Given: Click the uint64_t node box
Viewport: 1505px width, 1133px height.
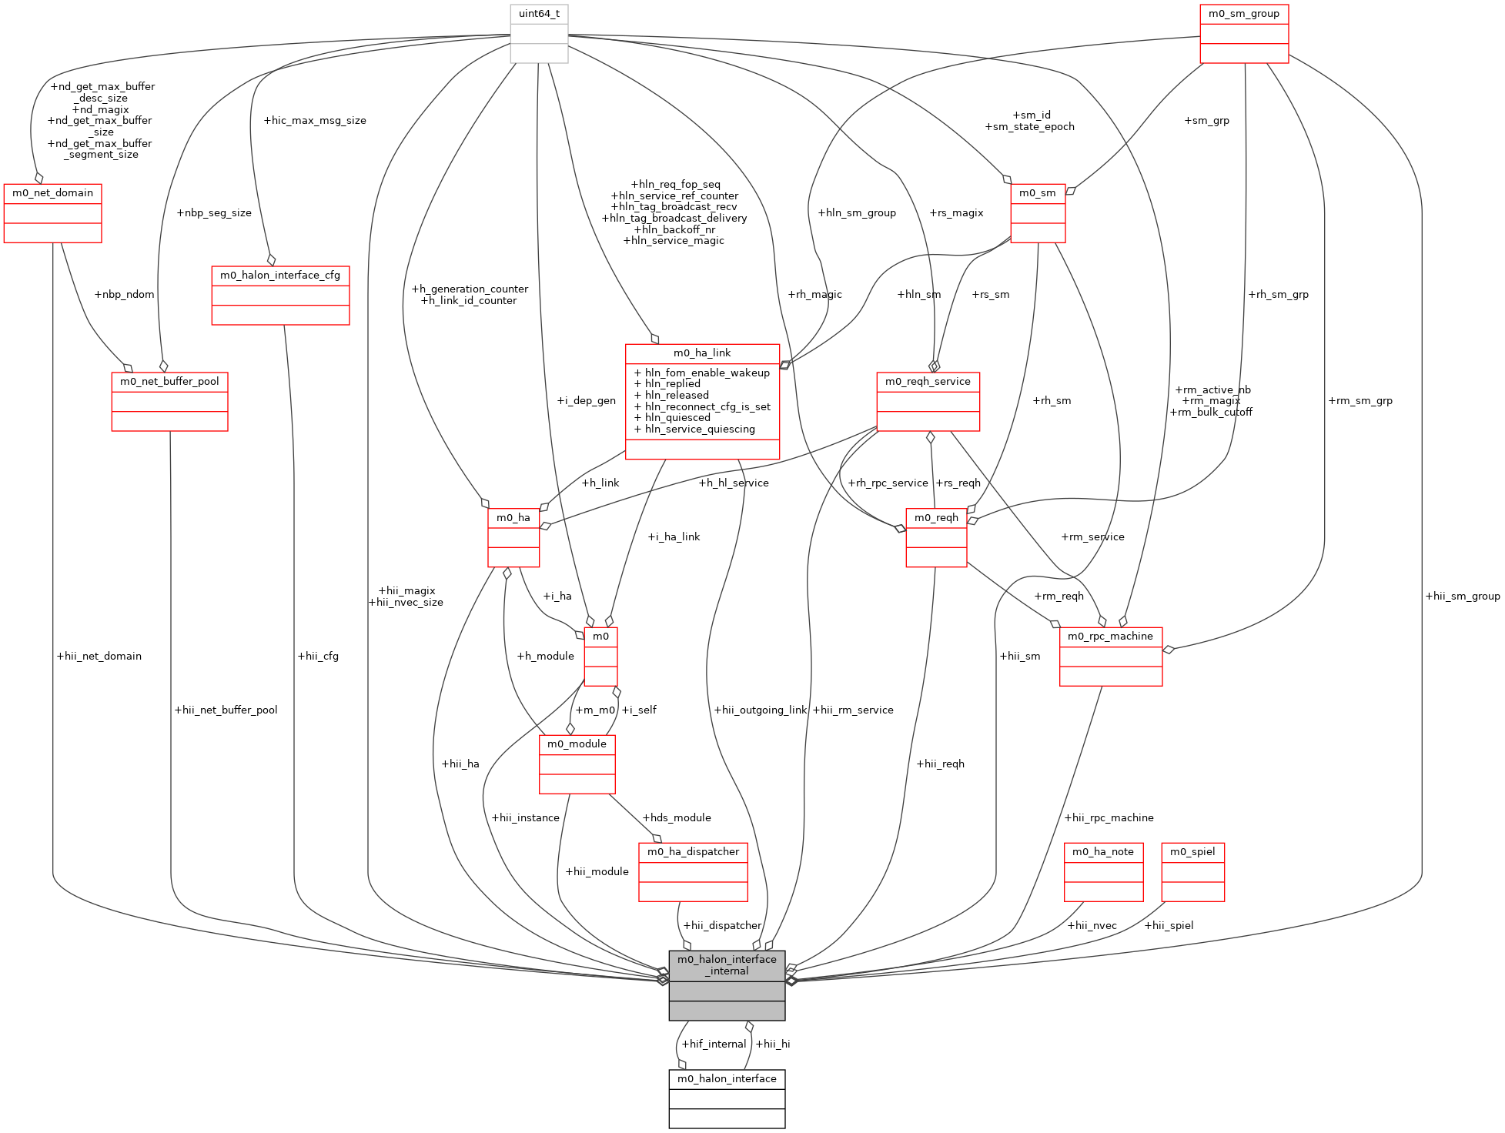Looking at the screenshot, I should click(539, 34).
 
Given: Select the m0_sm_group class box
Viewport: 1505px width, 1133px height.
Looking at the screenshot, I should click(1243, 34).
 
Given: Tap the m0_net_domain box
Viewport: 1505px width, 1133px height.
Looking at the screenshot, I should click(52, 213).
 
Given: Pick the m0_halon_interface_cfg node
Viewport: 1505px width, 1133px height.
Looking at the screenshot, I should click(280, 296).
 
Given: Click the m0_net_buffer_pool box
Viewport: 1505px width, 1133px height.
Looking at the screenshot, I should click(169, 402).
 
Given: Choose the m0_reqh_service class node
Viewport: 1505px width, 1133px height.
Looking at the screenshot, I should click(928, 402).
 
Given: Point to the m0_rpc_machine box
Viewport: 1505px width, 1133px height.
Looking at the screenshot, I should click(1110, 657).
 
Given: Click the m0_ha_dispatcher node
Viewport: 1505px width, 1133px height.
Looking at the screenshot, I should click(693, 872).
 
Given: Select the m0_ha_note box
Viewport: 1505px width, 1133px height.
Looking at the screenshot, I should click(1102, 872).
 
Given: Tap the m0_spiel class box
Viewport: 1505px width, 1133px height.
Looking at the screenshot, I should click(1192, 872).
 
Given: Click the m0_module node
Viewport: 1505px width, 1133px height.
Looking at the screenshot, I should click(577, 764).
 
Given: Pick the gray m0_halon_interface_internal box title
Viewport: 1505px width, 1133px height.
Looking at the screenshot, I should click(727, 965).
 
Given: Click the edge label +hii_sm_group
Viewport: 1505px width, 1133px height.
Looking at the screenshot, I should click(1462, 596).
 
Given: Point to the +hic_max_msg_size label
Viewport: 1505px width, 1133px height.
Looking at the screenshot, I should click(314, 121).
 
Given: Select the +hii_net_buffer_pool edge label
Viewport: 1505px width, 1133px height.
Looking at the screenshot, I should click(226, 710).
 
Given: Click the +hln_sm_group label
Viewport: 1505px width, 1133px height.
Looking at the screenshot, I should click(857, 213).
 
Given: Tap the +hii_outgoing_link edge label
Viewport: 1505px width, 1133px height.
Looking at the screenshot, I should click(760, 710).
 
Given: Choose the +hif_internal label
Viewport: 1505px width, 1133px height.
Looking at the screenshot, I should click(714, 1044).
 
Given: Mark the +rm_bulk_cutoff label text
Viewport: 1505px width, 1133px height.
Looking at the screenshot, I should click(1211, 413).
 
